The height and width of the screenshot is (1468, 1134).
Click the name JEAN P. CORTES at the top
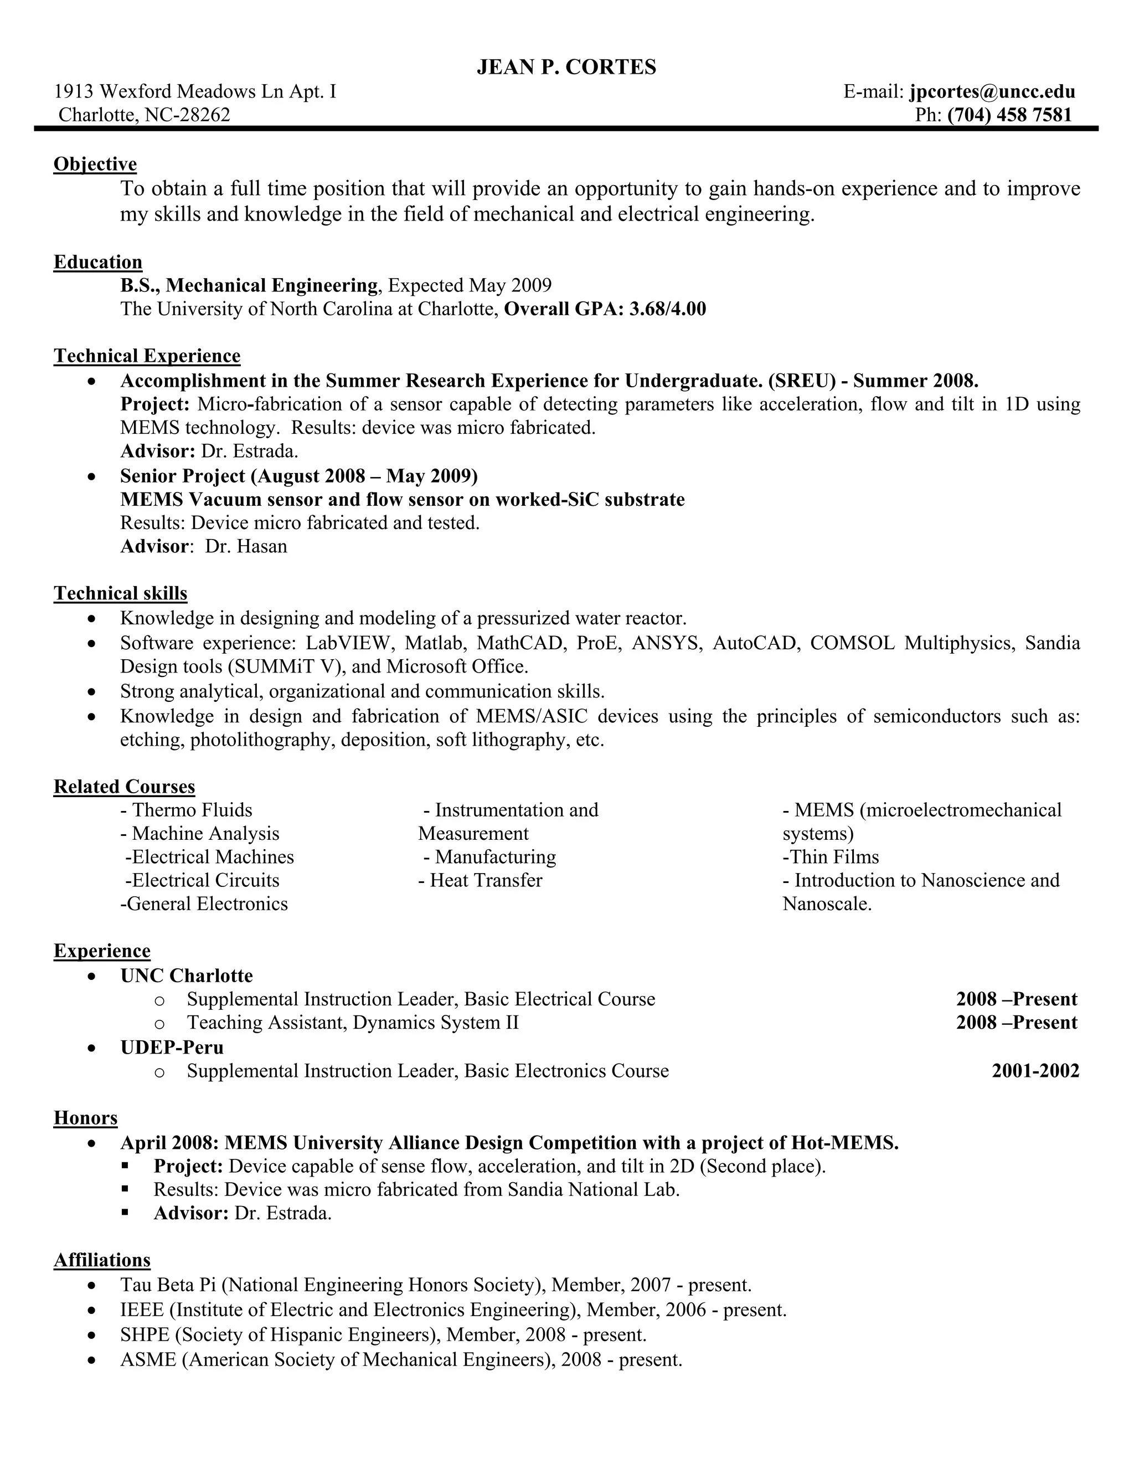566,67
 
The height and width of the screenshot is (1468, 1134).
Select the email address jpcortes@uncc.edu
992,91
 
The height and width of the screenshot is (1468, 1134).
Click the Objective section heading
95,164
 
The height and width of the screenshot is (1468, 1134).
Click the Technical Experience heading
147,356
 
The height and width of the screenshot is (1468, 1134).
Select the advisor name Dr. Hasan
246,546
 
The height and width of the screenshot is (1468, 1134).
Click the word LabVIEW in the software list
347,643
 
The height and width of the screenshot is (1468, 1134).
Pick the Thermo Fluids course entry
186,810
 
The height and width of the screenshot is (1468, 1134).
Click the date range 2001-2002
1035,1071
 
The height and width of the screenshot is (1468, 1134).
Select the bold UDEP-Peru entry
172,1047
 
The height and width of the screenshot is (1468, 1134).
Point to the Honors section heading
85,1118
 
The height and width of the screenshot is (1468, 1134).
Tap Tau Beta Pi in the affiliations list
167,1285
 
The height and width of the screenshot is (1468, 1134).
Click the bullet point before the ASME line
92,1361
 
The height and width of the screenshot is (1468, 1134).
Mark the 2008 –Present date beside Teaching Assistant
1017,1023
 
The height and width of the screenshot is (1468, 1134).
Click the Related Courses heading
124,787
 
